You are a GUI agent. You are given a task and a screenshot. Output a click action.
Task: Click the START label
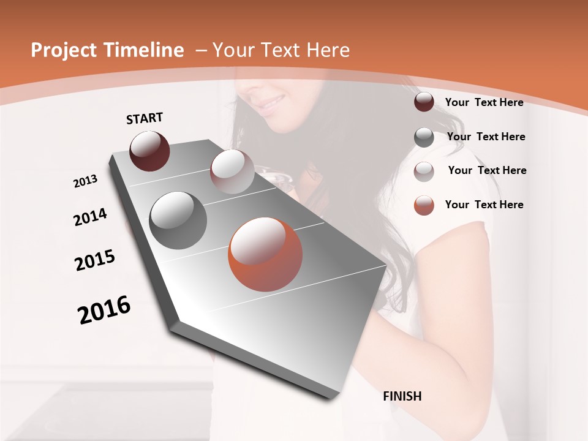tap(145, 118)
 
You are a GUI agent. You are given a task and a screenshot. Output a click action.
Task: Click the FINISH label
tap(402, 396)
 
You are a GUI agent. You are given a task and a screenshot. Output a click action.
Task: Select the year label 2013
tap(85, 181)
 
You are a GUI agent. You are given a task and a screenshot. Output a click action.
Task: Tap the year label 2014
tap(90, 217)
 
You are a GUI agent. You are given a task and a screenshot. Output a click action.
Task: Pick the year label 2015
tap(95, 260)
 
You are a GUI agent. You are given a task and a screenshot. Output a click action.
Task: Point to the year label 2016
tap(104, 310)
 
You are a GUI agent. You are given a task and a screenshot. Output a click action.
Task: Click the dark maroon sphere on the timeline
tap(149, 151)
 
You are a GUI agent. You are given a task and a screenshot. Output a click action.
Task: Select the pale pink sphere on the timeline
tap(232, 171)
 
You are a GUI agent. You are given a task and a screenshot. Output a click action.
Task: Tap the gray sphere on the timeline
tap(178, 220)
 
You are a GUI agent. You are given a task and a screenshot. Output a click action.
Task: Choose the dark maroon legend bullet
tap(424, 102)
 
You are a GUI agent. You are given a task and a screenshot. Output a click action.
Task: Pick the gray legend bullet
tap(424, 137)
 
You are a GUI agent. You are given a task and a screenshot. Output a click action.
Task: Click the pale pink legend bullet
tap(424, 171)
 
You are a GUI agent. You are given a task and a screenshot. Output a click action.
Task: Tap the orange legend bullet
tap(424, 205)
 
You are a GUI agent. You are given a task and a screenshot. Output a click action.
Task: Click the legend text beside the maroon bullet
tap(484, 102)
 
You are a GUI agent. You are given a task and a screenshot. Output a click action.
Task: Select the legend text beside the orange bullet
tap(484, 205)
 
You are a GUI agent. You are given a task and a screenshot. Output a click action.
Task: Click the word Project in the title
tap(62, 50)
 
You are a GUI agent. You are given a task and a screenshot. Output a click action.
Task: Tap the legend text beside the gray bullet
tap(486, 137)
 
